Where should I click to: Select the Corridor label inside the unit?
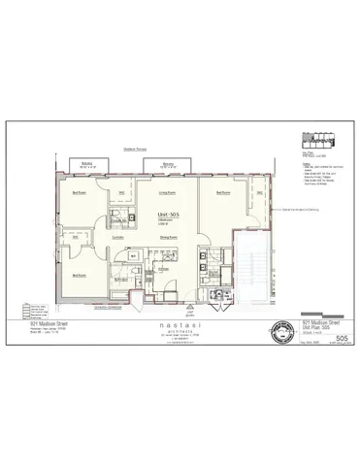pyautogui.click(x=117, y=236)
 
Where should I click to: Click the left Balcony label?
pyautogui.click(x=87, y=164)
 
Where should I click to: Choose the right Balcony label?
pyautogui.click(x=169, y=164)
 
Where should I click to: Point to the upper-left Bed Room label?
pyautogui.click(x=79, y=193)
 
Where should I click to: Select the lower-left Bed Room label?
pyautogui.click(x=79, y=275)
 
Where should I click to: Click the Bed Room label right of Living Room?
pyautogui.click(x=223, y=193)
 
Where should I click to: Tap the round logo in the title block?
pyautogui.click(x=279, y=327)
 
